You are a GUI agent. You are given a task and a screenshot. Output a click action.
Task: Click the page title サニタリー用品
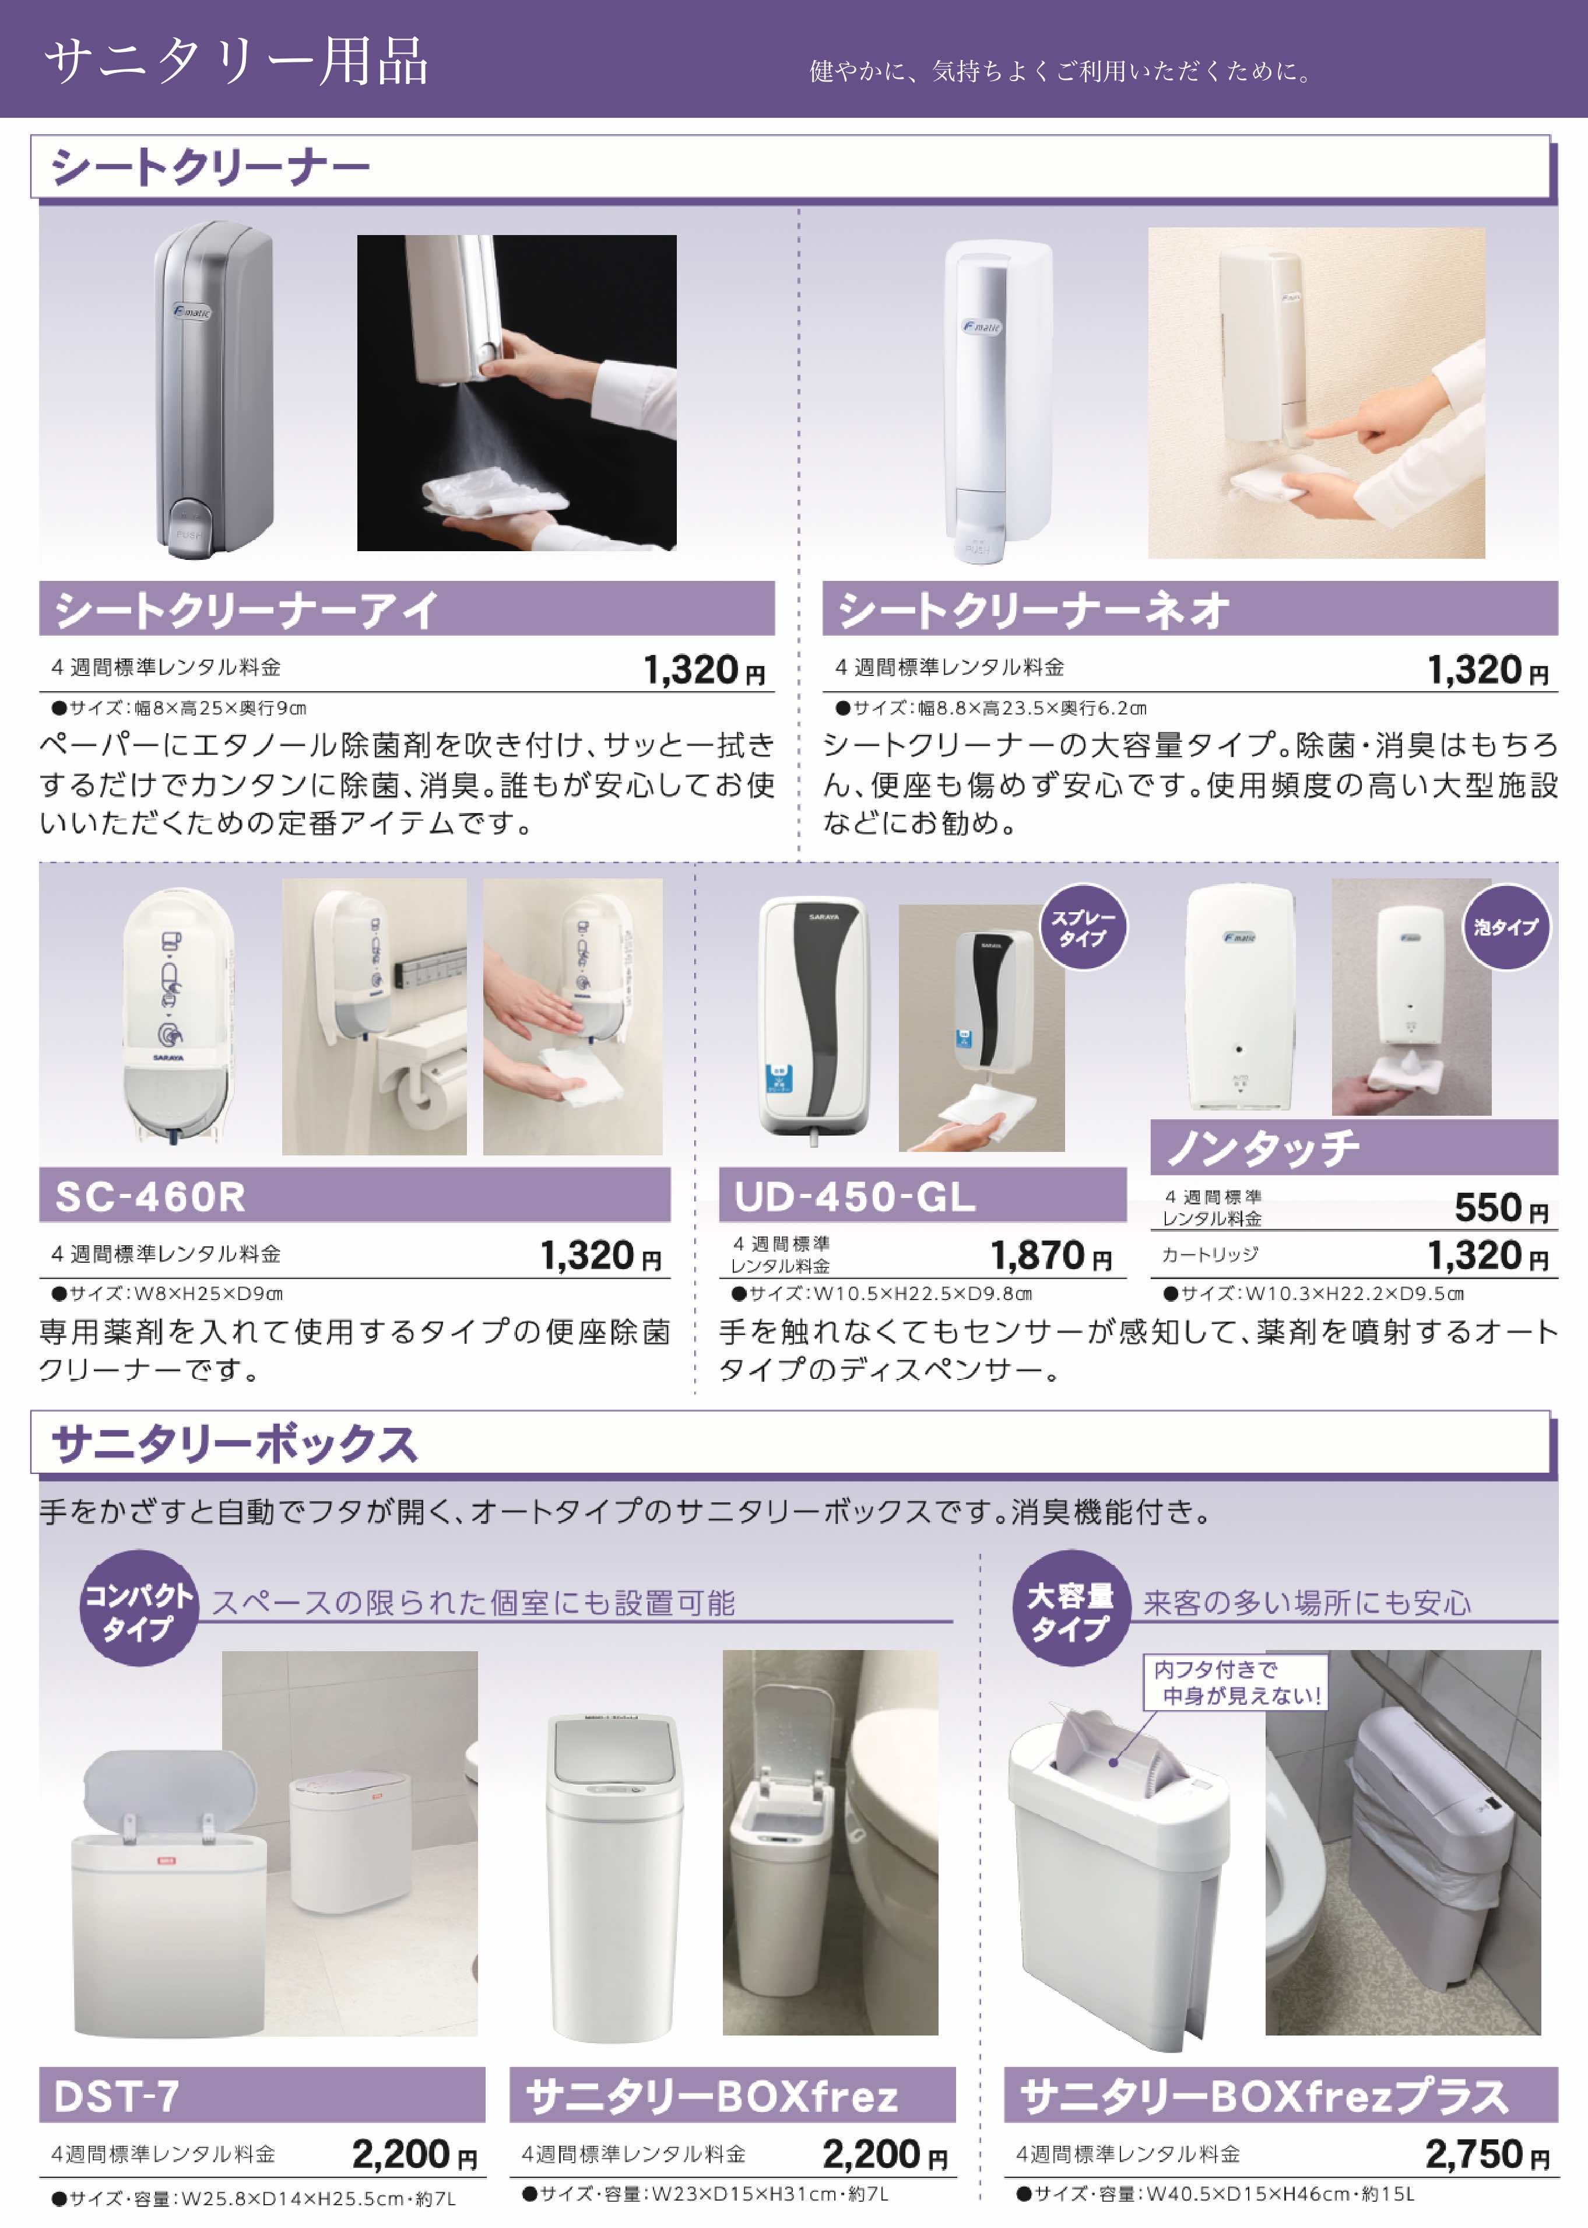coord(237,62)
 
